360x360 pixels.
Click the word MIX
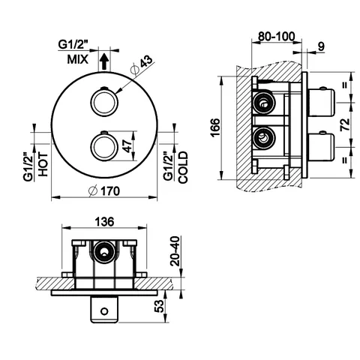(78, 60)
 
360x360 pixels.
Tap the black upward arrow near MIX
(103, 62)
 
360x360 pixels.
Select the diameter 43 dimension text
(142, 64)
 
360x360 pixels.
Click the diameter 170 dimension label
(104, 191)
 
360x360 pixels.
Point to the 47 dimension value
(127, 146)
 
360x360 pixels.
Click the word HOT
(43, 164)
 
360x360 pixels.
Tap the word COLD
(183, 167)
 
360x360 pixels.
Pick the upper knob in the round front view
(103, 103)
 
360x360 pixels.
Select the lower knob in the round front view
(103, 147)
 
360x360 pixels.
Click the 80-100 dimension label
(277, 36)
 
